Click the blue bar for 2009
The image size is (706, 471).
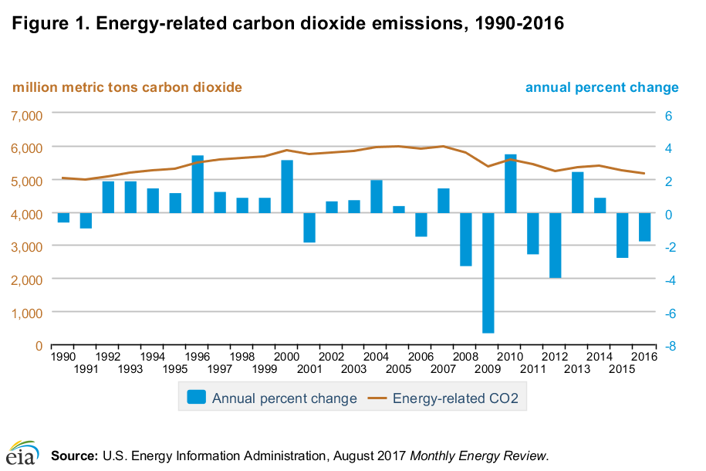[x=488, y=273]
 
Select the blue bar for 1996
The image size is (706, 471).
[x=198, y=185]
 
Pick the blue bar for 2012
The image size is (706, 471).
[x=556, y=245]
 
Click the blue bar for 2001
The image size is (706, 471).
[x=309, y=228]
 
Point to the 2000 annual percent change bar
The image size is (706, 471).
[x=287, y=186]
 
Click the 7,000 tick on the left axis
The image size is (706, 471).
[x=26, y=114]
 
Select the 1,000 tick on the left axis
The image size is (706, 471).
[x=26, y=313]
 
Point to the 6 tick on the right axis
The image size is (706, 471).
[x=669, y=114]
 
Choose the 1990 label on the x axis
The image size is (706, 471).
[x=63, y=357]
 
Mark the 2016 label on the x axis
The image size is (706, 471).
[x=644, y=357]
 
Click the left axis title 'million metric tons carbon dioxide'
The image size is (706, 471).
[x=127, y=87]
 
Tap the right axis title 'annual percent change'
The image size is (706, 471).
[x=602, y=87]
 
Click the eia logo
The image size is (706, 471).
[x=22, y=454]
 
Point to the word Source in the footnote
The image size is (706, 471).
[x=74, y=456]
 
